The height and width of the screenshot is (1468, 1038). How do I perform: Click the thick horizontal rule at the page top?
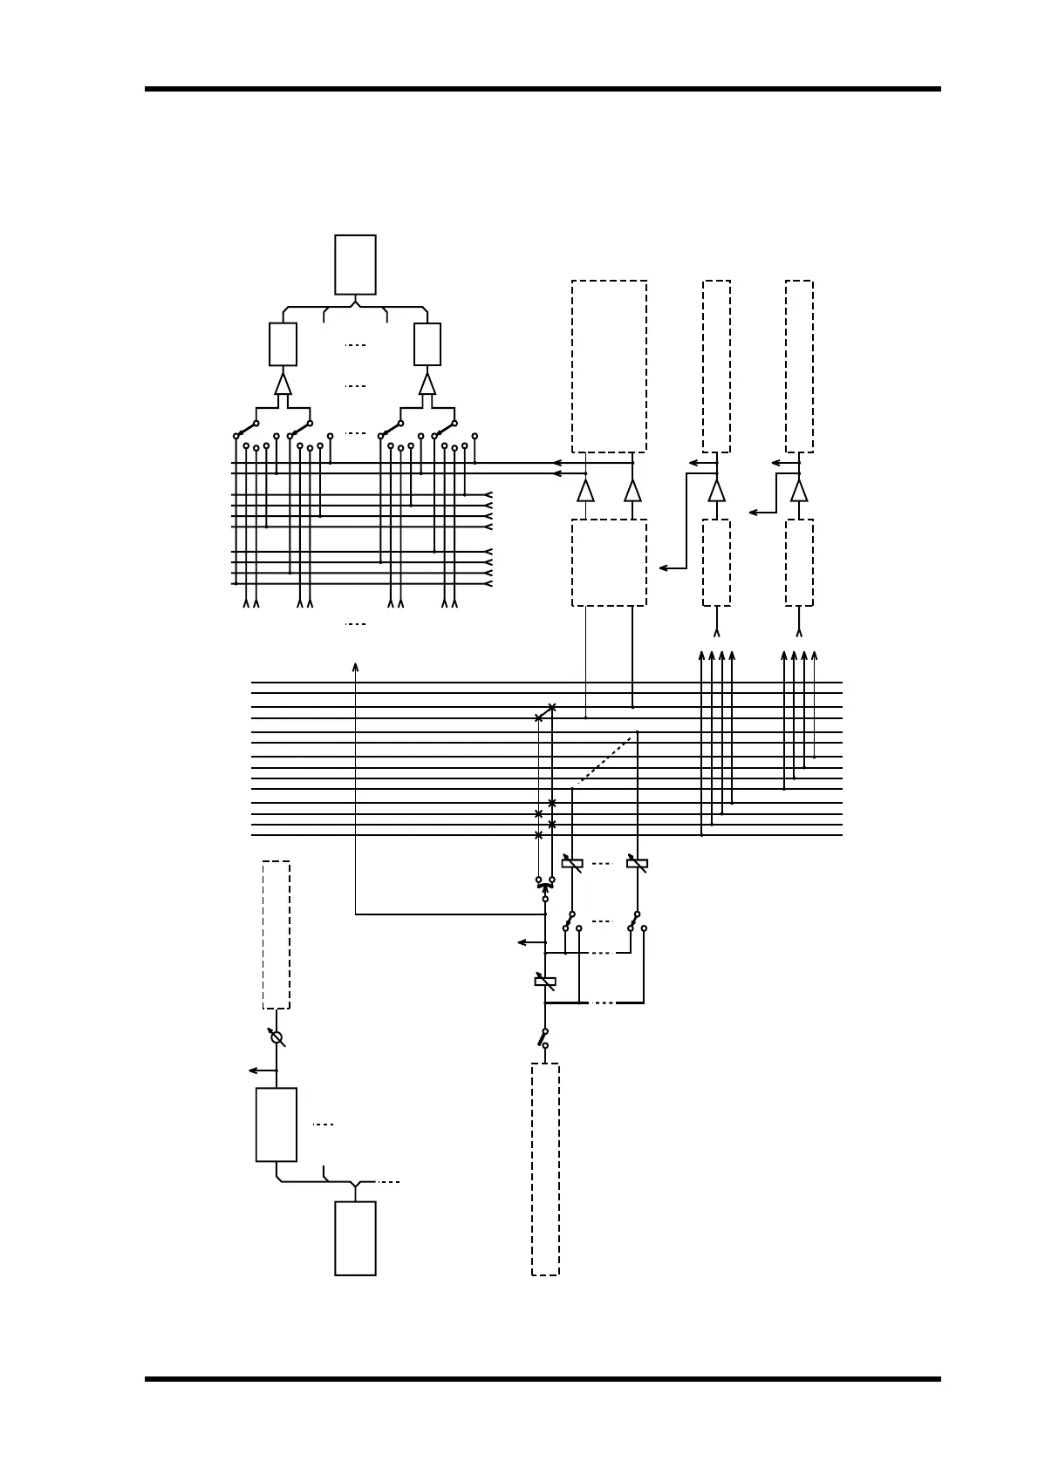[x=543, y=89]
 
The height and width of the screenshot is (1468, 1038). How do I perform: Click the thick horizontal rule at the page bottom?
[x=543, y=1378]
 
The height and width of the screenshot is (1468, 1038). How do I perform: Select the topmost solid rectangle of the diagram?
[x=355, y=264]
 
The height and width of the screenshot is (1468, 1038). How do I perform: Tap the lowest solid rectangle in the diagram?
[x=355, y=1238]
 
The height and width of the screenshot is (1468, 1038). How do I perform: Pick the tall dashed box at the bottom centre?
[x=545, y=1169]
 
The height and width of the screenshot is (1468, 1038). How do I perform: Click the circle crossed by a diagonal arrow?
[x=277, y=1037]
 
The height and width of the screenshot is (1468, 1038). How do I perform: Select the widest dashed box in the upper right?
[x=609, y=366]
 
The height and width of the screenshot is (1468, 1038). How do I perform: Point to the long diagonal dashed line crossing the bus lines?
[x=604, y=760]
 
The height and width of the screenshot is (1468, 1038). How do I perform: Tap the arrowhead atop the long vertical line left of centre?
[x=355, y=668]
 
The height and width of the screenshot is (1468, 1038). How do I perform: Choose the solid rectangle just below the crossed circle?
[x=276, y=1124]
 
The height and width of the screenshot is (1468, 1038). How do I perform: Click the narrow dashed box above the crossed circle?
[x=276, y=934]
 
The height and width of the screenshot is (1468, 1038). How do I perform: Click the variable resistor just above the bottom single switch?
[x=545, y=982]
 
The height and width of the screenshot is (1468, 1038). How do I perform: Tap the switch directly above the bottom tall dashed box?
[x=543, y=1037]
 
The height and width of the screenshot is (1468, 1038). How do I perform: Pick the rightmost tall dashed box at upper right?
[x=799, y=366]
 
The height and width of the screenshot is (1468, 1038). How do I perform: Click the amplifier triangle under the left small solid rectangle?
[x=283, y=384]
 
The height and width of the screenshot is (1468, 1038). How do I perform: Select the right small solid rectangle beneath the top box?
[x=427, y=344]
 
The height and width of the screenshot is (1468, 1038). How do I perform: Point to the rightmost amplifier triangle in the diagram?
[x=799, y=490]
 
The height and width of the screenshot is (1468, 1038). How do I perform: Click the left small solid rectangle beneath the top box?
[x=283, y=344]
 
